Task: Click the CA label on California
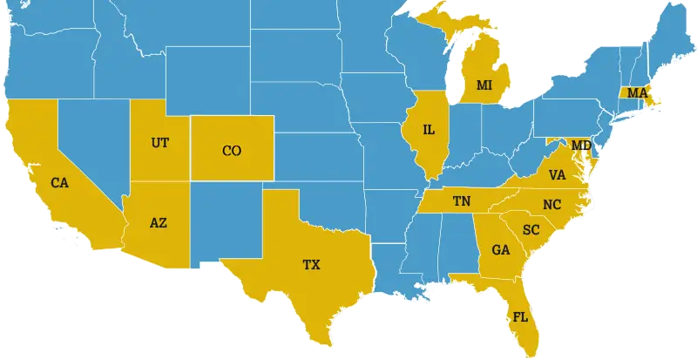(x=59, y=183)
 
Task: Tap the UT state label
(x=160, y=142)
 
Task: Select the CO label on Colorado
(x=231, y=151)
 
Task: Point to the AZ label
(x=158, y=222)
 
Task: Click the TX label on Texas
(x=311, y=264)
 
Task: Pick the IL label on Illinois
(x=429, y=130)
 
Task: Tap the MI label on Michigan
(x=484, y=85)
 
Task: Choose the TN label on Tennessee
(x=462, y=201)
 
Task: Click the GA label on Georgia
(x=500, y=250)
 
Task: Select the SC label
(x=531, y=230)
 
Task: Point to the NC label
(x=552, y=205)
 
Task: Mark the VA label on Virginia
(x=558, y=175)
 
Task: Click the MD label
(x=581, y=144)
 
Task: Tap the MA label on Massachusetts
(x=638, y=92)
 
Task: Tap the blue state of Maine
(x=671, y=35)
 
